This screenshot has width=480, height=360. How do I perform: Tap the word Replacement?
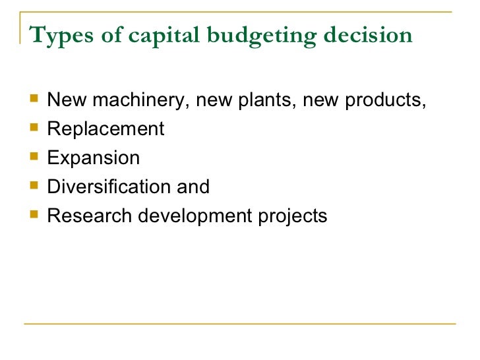tap(105, 129)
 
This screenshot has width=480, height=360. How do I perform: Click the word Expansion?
tap(94, 158)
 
